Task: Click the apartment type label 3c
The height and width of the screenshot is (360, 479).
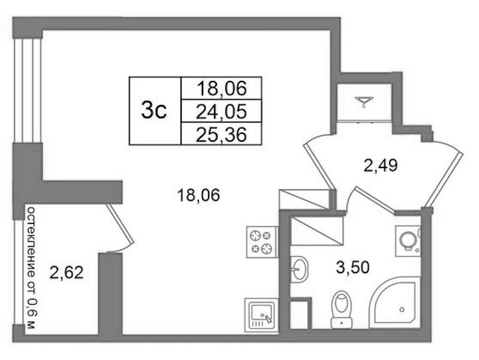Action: coord(154,110)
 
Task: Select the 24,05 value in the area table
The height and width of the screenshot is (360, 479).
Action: coord(221,112)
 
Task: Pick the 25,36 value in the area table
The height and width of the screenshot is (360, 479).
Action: coord(221,134)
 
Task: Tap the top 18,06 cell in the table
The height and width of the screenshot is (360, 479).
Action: coord(221,89)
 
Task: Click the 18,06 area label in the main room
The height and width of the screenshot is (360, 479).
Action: coord(198,195)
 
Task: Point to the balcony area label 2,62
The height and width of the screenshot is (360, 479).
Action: coord(67,272)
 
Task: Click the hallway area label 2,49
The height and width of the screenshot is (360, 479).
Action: coord(380,166)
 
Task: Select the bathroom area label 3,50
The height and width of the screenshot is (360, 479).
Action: coord(353,267)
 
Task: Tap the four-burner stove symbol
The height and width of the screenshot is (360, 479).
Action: coord(261,242)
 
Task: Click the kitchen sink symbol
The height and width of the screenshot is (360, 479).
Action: coord(261,316)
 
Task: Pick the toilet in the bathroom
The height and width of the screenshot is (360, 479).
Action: coord(342,310)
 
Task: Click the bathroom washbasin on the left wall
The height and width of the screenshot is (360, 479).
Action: coord(299,269)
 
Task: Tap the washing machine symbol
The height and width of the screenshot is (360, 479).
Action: coord(408,241)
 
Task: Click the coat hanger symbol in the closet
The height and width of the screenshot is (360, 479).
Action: coord(364,101)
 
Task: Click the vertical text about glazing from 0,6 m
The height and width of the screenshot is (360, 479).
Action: coord(31,268)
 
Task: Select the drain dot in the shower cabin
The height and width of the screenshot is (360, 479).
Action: coord(402,310)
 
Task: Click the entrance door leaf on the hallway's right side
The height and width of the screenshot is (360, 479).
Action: coord(445,179)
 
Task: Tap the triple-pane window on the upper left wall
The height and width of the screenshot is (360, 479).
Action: coord(28,91)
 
